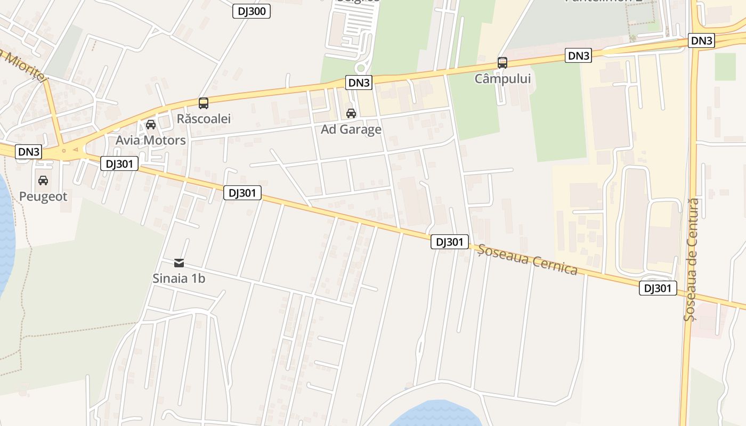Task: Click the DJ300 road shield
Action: pyautogui.click(x=252, y=11)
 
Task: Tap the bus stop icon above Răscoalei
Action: pyautogui.click(x=203, y=103)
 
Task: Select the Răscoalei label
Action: pyautogui.click(x=204, y=119)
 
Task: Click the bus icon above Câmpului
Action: pyautogui.click(x=502, y=63)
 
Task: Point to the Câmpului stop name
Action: pyautogui.click(x=502, y=79)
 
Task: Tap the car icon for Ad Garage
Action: pyautogui.click(x=351, y=113)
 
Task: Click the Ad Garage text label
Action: pyautogui.click(x=351, y=129)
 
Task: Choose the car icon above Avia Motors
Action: pyautogui.click(x=151, y=125)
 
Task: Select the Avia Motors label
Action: pyautogui.click(x=151, y=141)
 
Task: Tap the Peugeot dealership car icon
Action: pyautogui.click(x=43, y=181)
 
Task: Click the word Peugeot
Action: pyautogui.click(x=43, y=196)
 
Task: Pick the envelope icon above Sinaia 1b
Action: pyautogui.click(x=179, y=263)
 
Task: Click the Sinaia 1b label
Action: pyautogui.click(x=179, y=278)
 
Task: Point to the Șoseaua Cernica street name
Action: pyautogui.click(x=528, y=260)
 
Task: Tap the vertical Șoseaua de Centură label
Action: pyautogui.click(x=691, y=260)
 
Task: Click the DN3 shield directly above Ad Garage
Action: pyautogui.click(x=359, y=83)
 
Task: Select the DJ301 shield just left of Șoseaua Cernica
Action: pyautogui.click(x=449, y=242)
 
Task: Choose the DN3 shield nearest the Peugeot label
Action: pyautogui.click(x=29, y=152)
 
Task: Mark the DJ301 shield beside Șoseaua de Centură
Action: pyautogui.click(x=658, y=289)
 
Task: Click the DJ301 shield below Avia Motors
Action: pyautogui.click(x=119, y=164)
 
